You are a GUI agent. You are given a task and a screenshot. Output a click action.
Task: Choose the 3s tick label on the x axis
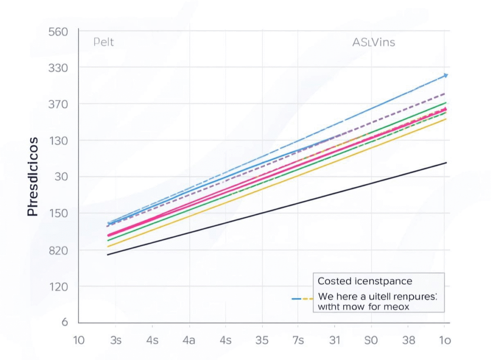(116, 340)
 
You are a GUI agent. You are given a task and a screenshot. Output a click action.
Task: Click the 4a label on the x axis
(188, 340)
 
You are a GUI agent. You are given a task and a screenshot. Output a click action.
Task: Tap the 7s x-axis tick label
(298, 340)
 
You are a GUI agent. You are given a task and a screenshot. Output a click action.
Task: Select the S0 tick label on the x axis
(371, 340)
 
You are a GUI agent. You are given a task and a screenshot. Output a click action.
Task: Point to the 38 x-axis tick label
(409, 340)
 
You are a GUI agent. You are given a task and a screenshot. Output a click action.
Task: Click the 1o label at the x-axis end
(445, 340)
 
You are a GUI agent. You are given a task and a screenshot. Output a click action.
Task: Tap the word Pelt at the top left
(104, 42)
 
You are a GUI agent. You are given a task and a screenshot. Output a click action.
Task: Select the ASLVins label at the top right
(374, 42)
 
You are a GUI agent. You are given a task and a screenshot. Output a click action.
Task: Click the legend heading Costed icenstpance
(365, 281)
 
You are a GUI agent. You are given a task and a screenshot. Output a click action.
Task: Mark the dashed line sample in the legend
(302, 298)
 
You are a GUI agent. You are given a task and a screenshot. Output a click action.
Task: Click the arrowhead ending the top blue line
(445, 75)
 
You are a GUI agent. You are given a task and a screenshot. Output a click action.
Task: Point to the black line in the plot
(288, 207)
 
